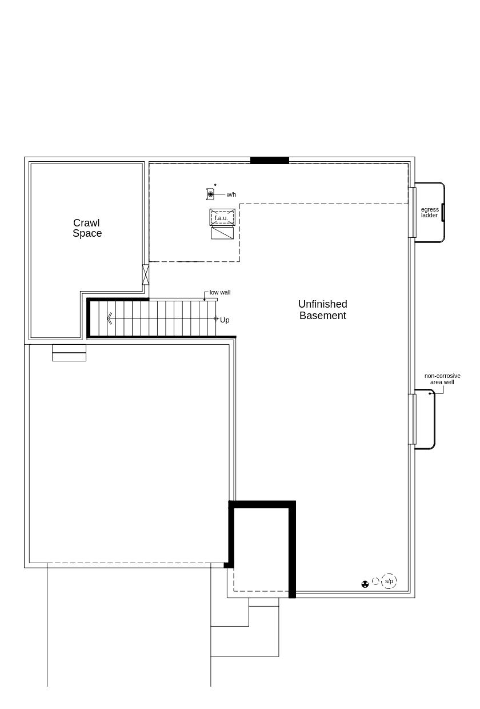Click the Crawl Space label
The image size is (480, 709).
pyautogui.click(x=87, y=228)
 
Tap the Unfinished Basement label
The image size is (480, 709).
pyautogui.click(x=322, y=310)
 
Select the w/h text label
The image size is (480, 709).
pyautogui.click(x=231, y=195)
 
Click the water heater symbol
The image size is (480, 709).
pyautogui.click(x=210, y=194)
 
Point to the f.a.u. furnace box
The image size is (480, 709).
pyautogui.click(x=222, y=217)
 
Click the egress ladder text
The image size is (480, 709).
pyautogui.click(x=430, y=213)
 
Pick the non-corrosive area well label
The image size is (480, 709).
pyautogui.click(x=442, y=379)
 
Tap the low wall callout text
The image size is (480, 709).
pyautogui.click(x=220, y=293)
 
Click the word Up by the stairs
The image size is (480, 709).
pyautogui.click(x=225, y=320)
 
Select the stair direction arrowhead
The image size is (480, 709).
pyautogui.click(x=109, y=318)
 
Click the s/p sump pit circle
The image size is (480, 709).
pyautogui.click(x=389, y=581)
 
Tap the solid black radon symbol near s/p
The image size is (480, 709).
pyautogui.click(x=365, y=584)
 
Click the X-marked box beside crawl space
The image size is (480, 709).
pyautogui.click(x=145, y=274)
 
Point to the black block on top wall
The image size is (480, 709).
pyautogui.click(x=270, y=160)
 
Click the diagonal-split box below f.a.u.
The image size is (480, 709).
pyautogui.click(x=222, y=233)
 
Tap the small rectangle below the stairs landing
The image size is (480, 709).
pyautogui.click(x=69, y=353)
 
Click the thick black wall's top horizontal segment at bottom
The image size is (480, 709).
pyautogui.click(x=262, y=504)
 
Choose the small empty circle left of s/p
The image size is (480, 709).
pyautogui.click(x=375, y=581)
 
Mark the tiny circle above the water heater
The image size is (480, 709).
pyautogui.click(x=215, y=185)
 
